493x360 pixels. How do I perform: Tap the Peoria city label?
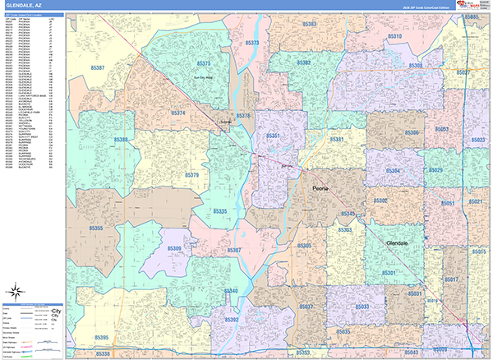coord(320,188)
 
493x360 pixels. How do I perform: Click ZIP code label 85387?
coord(98,67)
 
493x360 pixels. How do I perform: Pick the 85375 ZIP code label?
coord(203,63)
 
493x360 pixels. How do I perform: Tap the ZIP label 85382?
coord(303,62)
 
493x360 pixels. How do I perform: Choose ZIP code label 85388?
coord(122,141)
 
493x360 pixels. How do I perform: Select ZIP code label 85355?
coord(96,228)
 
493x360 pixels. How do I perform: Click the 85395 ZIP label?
coord(101,337)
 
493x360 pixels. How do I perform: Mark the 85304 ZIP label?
coord(394,171)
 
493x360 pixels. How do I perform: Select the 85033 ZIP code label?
coord(362,306)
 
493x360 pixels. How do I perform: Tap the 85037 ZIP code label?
coord(306,306)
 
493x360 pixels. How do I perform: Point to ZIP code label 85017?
coord(451,280)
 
